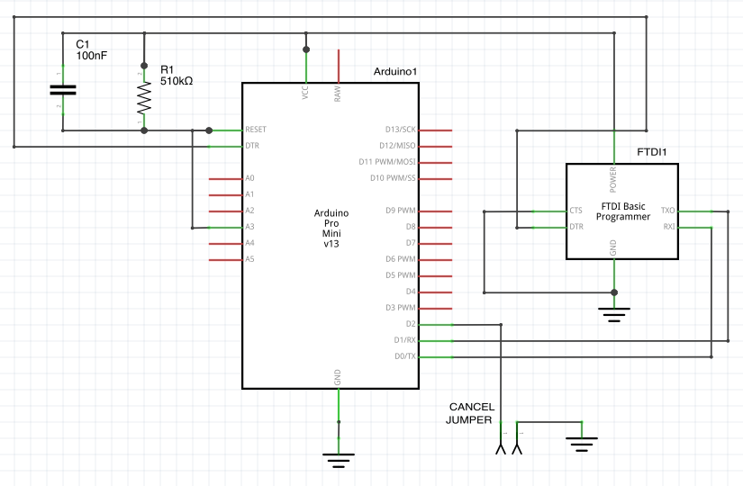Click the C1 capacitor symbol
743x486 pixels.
tap(62, 89)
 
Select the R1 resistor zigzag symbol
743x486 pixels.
tap(143, 94)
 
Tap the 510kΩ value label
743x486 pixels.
tap(177, 81)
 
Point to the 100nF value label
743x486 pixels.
tap(91, 56)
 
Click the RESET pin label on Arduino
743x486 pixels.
tap(256, 130)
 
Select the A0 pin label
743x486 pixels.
tap(249, 178)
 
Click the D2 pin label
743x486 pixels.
tap(411, 324)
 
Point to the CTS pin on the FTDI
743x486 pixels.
tap(576, 211)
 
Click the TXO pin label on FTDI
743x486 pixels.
tap(667, 211)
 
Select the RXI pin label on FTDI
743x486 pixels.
tap(668, 227)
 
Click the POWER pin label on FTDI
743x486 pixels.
tap(614, 180)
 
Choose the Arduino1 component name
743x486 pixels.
tap(394, 72)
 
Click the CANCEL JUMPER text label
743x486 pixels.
tap(471, 413)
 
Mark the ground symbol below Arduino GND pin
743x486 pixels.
tap(338, 459)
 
